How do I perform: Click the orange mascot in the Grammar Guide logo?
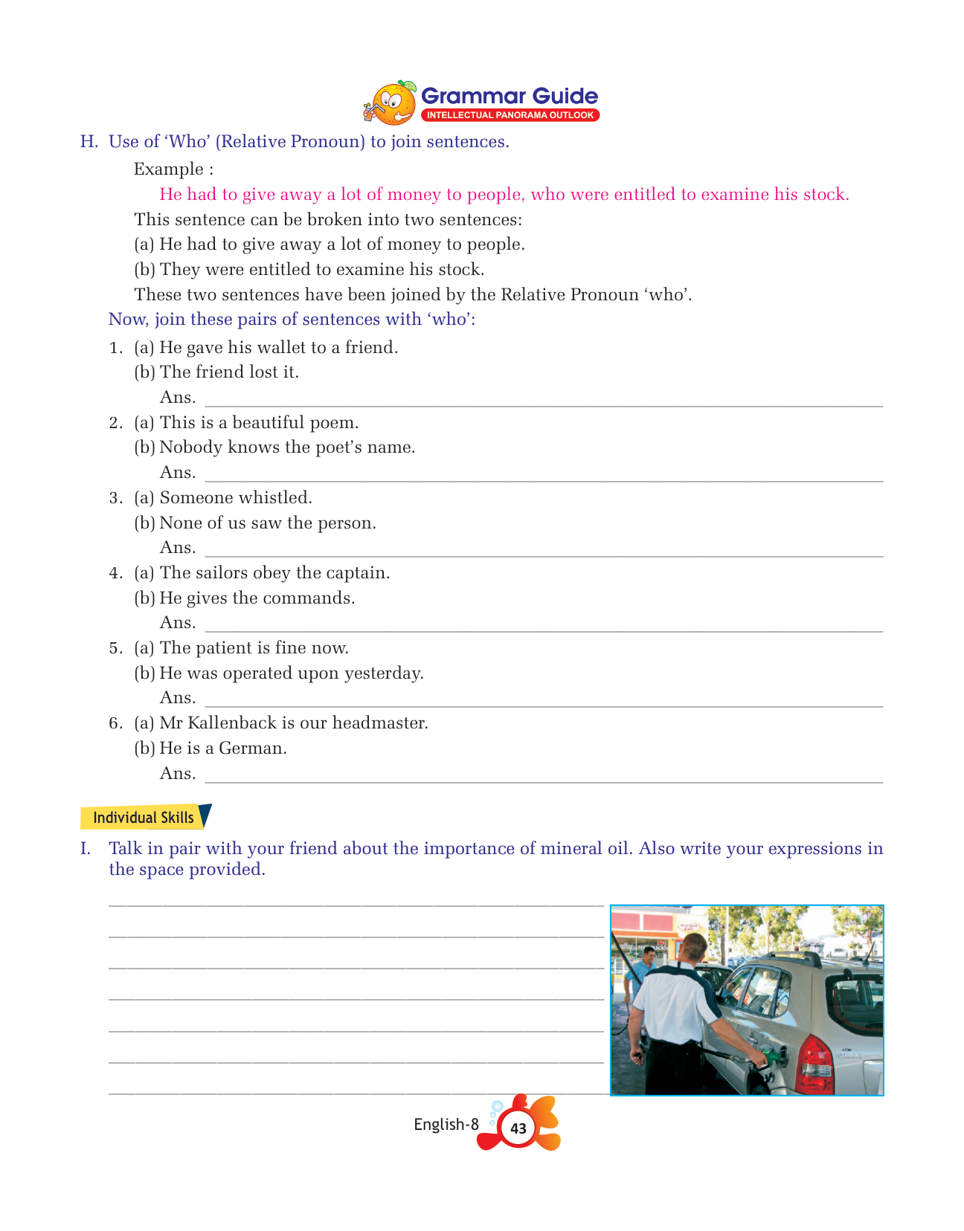coord(391,103)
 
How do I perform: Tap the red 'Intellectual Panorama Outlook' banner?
coord(510,115)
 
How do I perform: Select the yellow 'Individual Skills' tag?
coord(143,818)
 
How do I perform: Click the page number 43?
coord(518,1128)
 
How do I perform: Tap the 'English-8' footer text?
coord(446,1125)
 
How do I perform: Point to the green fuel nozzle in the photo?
coord(771,1056)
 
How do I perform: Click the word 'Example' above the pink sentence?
coord(168,169)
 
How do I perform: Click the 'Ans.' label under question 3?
coord(178,548)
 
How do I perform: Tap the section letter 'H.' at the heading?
coord(89,142)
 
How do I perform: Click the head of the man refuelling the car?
coord(693,947)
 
